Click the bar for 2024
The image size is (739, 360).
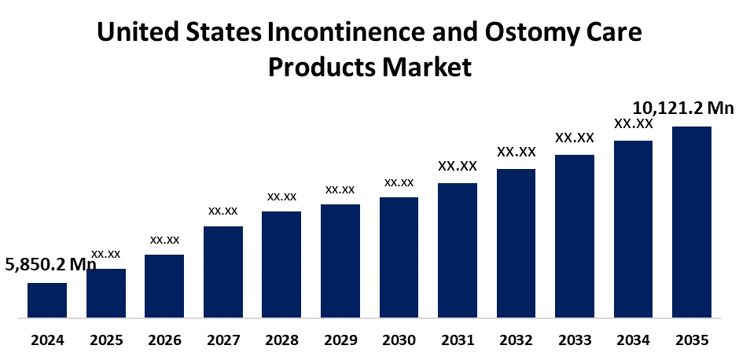(x=47, y=300)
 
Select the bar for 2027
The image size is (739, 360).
(x=223, y=272)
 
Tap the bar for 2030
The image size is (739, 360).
(x=399, y=258)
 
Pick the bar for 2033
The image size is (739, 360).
(x=575, y=237)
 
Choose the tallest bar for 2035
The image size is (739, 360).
(x=692, y=222)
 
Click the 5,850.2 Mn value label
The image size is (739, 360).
(x=50, y=265)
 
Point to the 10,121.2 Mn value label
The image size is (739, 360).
(x=682, y=108)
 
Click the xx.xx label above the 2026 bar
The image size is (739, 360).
(x=164, y=240)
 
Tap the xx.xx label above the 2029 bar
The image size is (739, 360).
(x=340, y=189)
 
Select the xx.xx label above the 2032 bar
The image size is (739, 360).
(x=517, y=152)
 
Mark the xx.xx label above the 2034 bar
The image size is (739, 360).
(x=634, y=123)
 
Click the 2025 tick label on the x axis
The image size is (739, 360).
(x=106, y=340)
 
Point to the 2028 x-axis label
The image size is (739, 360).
(x=281, y=340)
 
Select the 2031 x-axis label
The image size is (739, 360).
(x=458, y=340)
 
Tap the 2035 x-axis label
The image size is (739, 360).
(x=692, y=340)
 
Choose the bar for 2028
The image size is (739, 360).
(x=281, y=265)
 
